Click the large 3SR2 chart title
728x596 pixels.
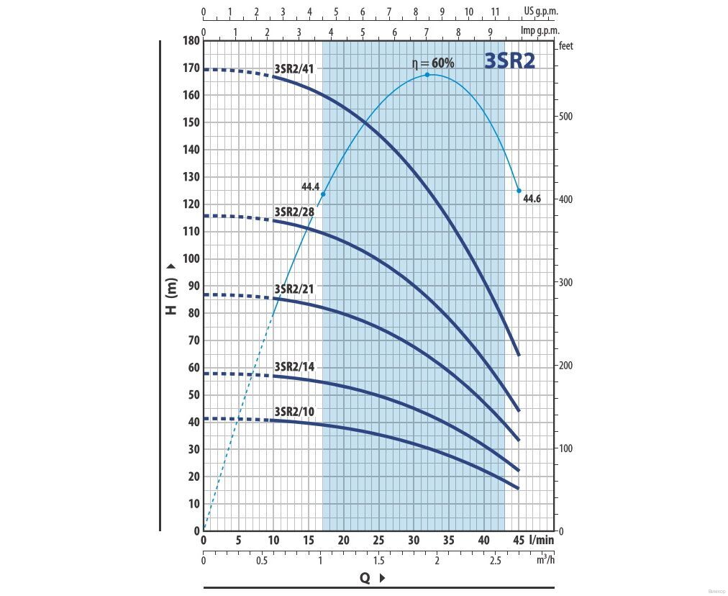509,60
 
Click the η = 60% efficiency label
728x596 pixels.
432,63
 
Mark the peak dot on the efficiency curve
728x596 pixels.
427,75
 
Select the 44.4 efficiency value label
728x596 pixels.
310,187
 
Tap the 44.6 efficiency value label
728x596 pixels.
532,199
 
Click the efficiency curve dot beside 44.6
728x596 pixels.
519,191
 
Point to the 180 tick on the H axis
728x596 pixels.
191,40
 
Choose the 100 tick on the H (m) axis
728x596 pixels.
191,259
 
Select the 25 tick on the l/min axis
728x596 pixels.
378,541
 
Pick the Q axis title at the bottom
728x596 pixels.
365,577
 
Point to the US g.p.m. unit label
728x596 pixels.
540,12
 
